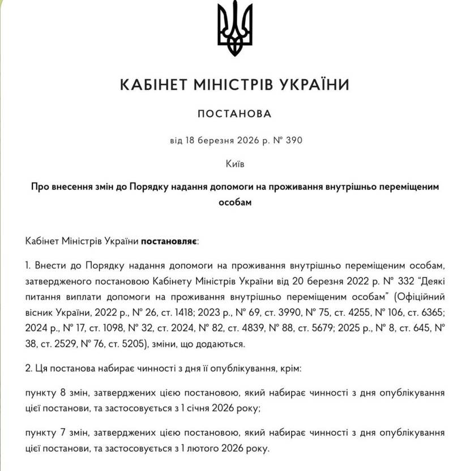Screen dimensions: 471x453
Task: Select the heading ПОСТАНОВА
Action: [x=235, y=114]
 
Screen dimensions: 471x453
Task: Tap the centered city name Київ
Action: [x=235, y=164]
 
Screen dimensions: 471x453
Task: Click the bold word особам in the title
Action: [x=235, y=201]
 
